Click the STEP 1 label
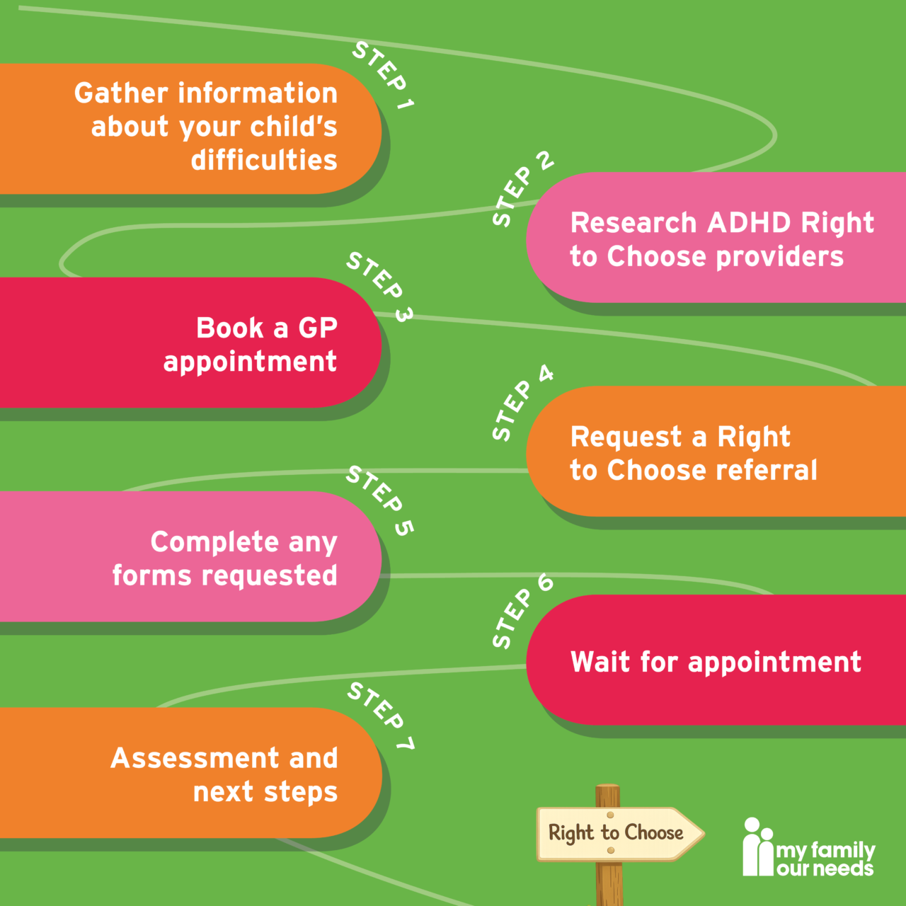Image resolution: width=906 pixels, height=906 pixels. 383,75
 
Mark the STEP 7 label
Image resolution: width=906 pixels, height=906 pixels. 381,716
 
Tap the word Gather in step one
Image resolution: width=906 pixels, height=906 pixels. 121,93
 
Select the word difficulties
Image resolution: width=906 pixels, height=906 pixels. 264,160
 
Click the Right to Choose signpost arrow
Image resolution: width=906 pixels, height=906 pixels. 620,834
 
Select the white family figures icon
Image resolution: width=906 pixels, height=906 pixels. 758,847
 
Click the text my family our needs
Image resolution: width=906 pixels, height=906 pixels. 825,859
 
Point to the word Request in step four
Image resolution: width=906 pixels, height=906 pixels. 625,437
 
